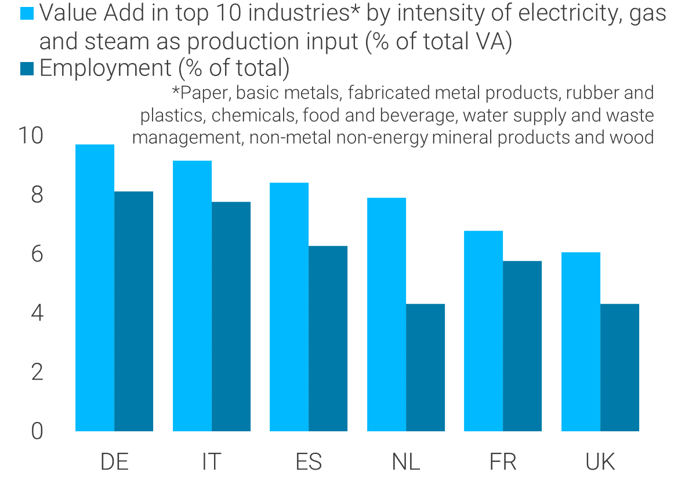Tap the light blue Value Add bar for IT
coord(192,296)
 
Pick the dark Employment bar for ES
coord(328,339)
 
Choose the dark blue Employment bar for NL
coord(425,368)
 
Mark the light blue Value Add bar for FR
coord(483,331)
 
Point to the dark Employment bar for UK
coord(619,368)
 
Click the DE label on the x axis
coord(114,462)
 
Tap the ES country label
coord(309,462)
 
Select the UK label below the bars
coord(600,462)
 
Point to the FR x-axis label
coord(503,462)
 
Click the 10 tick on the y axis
coord(30,136)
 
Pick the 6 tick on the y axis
coord(37,254)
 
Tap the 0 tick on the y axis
coord(37,431)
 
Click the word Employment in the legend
coord(105,68)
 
